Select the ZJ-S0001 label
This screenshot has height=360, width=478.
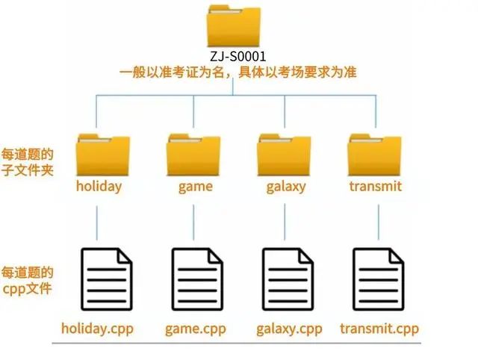click(x=238, y=57)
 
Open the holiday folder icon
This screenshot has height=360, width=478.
click(x=103, y=153)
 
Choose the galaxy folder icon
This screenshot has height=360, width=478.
click(x=285, y=153)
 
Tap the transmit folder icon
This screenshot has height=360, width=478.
click(x=375, y=153)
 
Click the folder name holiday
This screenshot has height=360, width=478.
click(x=99, y=186)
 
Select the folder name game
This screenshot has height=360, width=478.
click(x=195, y=186)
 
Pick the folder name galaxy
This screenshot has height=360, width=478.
click(x=285, y=186)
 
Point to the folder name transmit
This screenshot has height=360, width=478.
click(x=375, y=186)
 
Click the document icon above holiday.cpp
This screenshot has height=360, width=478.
click(x=105, y=279)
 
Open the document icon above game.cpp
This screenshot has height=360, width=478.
click(x=197, y=279)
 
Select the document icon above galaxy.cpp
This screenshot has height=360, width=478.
click(x=288, y=279)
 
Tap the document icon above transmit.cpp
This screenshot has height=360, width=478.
click(x=379, y=279)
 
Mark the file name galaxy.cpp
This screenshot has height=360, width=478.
click(x=289, y=329)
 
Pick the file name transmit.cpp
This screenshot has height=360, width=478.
click(x=379, y=329)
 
